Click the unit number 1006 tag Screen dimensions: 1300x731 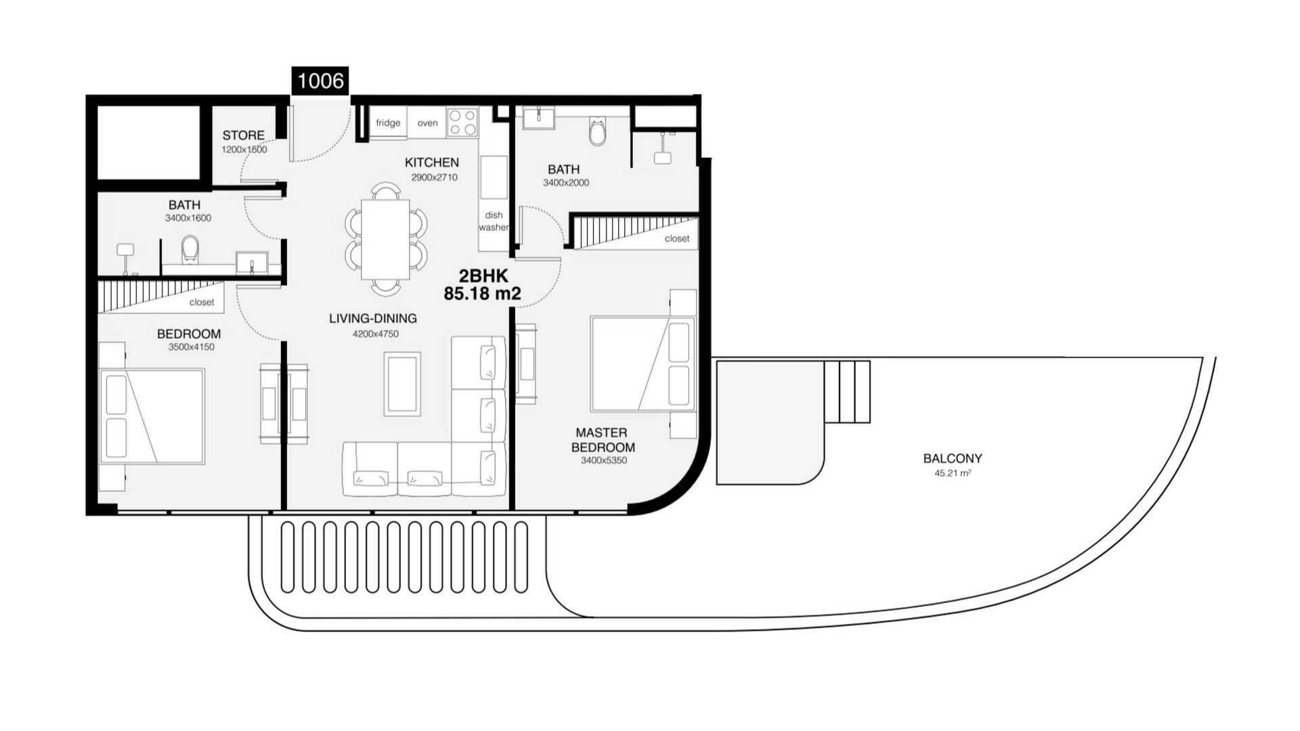pyautogui.click(x=320, y=81)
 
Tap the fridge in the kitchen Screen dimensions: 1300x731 pyautogui.click(x=388, y=123)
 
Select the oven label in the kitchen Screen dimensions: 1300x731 pyautogui.click(x=427, y=123)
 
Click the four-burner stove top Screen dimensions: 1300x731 pyautogui.click(x=462, y=123)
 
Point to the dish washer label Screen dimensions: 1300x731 pyautogui.click(x=494, y=221)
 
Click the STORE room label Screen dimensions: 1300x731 pyautogui.click(x=244, y=135)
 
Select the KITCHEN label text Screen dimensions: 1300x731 pyautogui.click(x=432, y=162)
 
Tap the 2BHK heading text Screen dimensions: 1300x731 pyautogui.click(x=483, y=276)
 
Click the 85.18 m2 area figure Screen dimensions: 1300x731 pyautogui.click(x=483, y=294)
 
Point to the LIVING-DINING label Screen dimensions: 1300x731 pyautogui.click(x=373, y=319)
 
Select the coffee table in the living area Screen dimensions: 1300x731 pyautogui.click(x=402, y=384)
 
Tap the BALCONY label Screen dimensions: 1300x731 pyautogui.click(x=953, y=458)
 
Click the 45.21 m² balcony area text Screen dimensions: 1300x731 pyautogui.click(x=953, y=473)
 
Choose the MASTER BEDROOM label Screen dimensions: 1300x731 pyautogui.click(x=603, y=440)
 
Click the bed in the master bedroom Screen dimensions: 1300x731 pyautogui.click(x=643, y=364)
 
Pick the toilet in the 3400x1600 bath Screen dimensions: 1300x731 pyautogui.click(x=190, y=248)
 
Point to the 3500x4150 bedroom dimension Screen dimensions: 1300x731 pyautogui.click(x=191, y=347)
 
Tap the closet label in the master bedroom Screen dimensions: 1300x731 pyautogui.click(x=677, y=239)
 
